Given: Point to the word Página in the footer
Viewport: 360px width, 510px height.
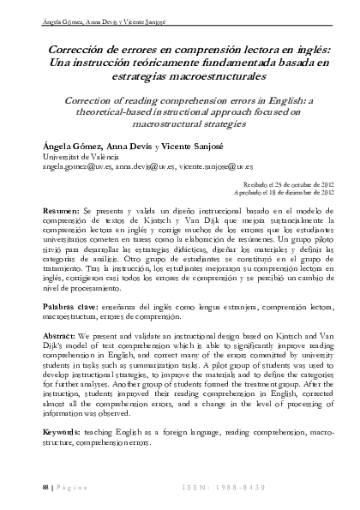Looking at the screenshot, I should (70, 487).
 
